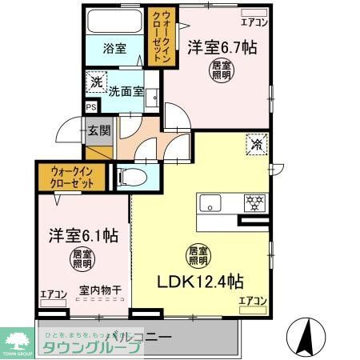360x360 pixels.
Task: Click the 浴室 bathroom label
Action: point(114,48)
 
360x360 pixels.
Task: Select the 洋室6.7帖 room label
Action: point(222,47)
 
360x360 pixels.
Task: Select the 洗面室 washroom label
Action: point(127,92)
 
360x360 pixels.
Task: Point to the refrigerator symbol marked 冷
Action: point(257,146)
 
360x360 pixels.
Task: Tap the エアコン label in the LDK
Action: point(252,300)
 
